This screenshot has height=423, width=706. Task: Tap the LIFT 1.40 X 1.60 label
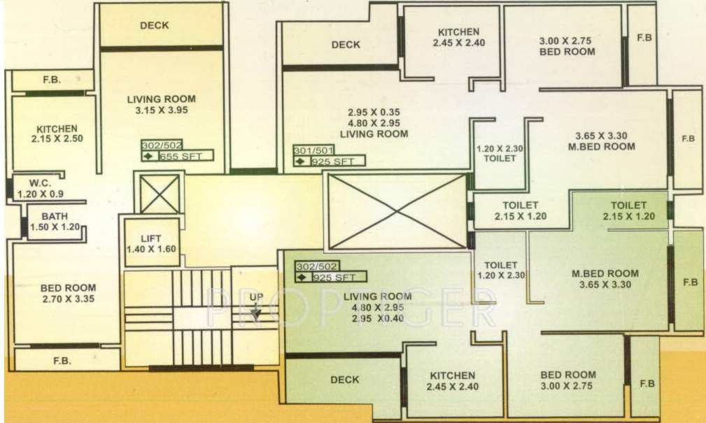[151, 244]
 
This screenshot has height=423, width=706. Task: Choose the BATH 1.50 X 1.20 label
[55, 222]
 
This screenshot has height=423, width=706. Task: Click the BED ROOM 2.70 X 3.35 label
[67, 293]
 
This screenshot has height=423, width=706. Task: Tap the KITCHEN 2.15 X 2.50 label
[57, 134]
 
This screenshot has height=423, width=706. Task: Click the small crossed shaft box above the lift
[160, 194]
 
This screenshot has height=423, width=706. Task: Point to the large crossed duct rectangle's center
[397, 211]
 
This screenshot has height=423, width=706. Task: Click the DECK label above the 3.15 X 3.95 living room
[154, 26]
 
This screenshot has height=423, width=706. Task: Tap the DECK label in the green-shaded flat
[344, 380]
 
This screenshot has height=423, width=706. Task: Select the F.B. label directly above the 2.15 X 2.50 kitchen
[51, 80]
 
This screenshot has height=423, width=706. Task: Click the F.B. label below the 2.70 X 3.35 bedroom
[66, 361]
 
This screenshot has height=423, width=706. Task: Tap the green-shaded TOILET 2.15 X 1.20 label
[628, 210]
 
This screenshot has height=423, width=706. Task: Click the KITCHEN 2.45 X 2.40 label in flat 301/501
[458, 37]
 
